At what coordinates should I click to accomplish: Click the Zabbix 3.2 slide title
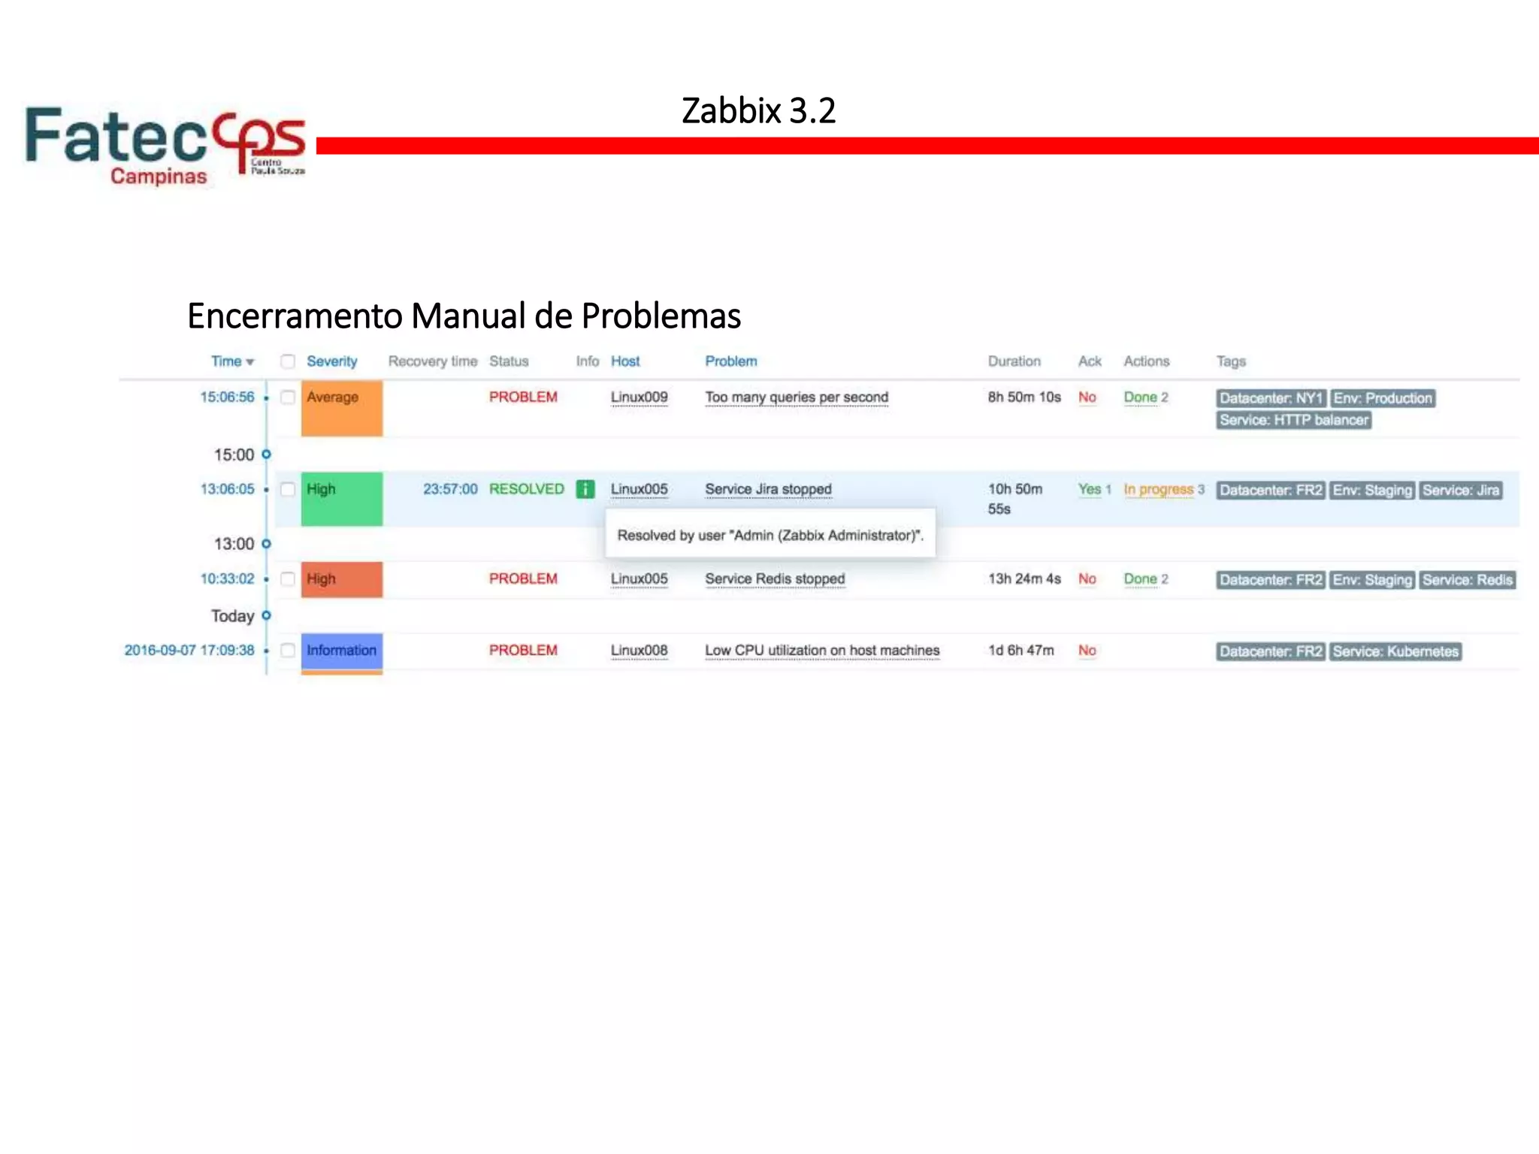click(x=758, y=111)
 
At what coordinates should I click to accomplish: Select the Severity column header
click(x=331, y=361)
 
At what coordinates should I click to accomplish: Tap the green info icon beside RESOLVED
click(x=585, y=489)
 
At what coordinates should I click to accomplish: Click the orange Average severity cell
click(x=342, y=408)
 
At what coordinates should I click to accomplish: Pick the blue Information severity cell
click(x=342, y=651)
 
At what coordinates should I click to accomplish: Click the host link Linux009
click(x=639, y=397)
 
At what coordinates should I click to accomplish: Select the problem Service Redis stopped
click(x=775, y=579)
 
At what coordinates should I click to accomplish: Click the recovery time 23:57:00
click(x=449, y=489)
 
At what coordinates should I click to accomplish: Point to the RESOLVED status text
click(x=526, y=489)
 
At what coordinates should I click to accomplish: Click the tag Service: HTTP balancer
click(x=1293, y=421)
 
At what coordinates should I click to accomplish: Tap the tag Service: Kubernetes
click(x=1395, y=652)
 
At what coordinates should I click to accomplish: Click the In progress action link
click(x=1158, y=490)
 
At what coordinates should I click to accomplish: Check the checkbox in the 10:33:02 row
click(x=288, y=579)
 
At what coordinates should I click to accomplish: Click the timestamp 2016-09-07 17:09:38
click(x=189, y=651)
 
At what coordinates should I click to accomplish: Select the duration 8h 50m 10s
click(x=1023, y=397)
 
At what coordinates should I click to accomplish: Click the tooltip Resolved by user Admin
click(x=770, y=536)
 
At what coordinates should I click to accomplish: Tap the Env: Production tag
click(x=1383, y=399)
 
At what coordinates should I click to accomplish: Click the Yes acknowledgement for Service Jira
click(x=1089, y=489)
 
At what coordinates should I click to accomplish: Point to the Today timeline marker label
click(x=232, y=616)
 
